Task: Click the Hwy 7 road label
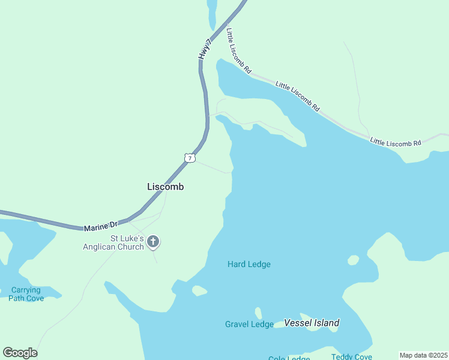tap(205, 49)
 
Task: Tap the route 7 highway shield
tap(190, 158)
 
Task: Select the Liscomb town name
tap(166, 187)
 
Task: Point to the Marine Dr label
tap(101, 227)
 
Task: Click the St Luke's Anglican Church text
tap(113, 242)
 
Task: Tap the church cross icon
tap(153, 242)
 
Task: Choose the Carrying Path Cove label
tap(26, 294)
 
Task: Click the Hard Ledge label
tap(249, 264)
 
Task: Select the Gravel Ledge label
tap(249, 324)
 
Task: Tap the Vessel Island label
tap(312, 323)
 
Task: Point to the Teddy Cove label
tap(352, 357)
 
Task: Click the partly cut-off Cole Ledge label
tap(289, 358)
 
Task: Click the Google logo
tap(20, 353)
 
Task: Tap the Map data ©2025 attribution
tap(423, 355)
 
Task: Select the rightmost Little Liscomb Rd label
tap(396, 142)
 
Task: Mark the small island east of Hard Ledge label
tap(353, 260)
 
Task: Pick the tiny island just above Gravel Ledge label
tap(258, 313)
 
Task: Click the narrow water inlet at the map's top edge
tap(211, 13)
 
